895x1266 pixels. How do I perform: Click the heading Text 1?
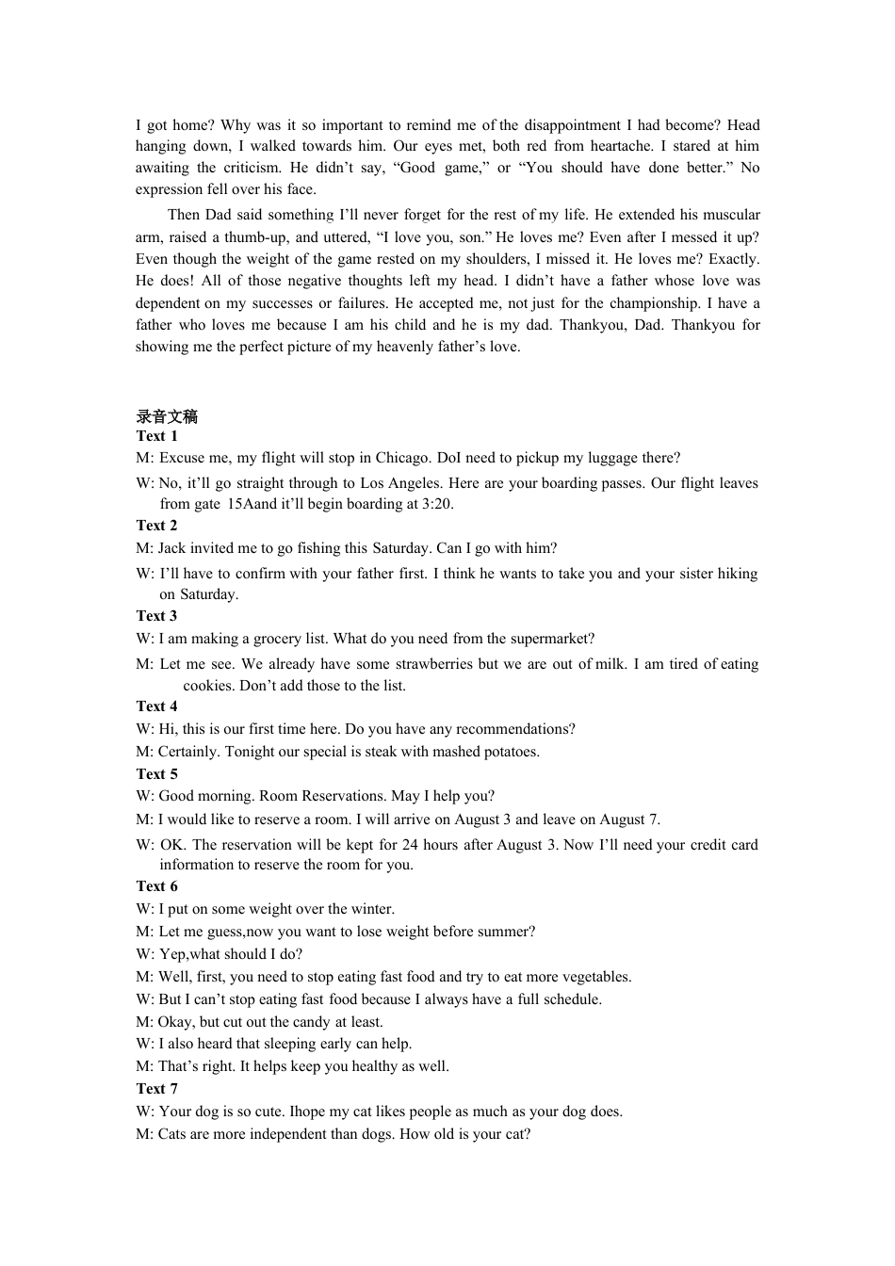[x=156, y=436]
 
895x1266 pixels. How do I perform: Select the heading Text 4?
[x=156, y=706]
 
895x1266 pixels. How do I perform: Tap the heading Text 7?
[x=156, y=1089]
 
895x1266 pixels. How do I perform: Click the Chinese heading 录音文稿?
[x=167, y=417]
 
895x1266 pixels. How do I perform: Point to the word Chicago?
[x=402, y=459]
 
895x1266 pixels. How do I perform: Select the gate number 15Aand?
[x=252, y=504]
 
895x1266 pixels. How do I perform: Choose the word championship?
[x=654, y=303]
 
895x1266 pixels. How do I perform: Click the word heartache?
[x=621, y=146]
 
